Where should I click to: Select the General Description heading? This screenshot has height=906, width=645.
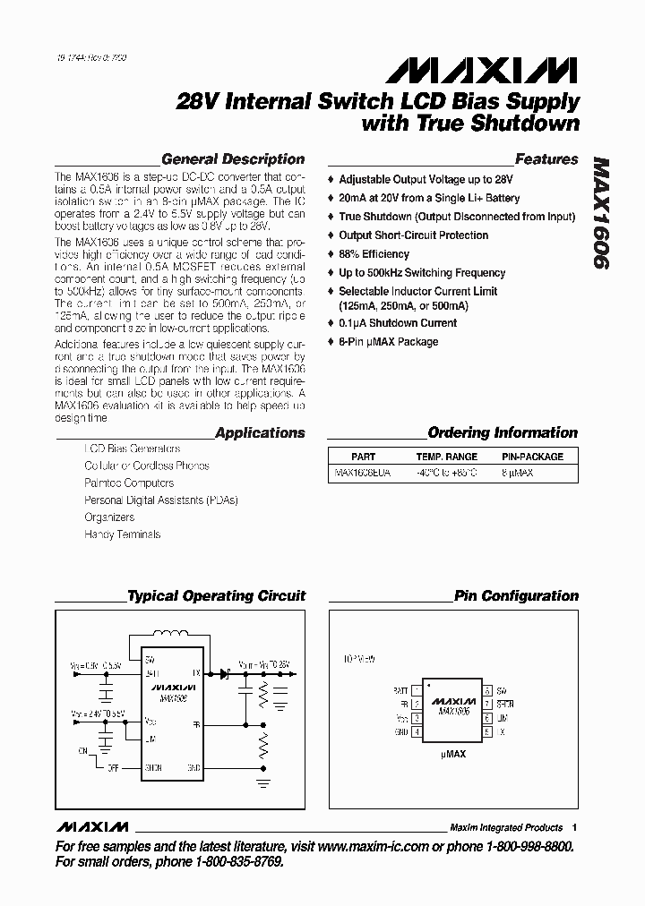pos(232,159)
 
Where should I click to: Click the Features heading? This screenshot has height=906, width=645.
pos(546,159)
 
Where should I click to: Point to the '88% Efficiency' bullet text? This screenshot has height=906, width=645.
pos(374,254)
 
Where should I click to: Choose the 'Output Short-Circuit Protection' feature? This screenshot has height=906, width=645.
pos(413,235)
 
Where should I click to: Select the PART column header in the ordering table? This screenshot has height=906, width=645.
pos(363,456)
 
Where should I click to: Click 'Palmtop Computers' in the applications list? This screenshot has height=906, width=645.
pos(129,483)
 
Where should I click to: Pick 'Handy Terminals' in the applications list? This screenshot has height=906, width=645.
pos(123,534)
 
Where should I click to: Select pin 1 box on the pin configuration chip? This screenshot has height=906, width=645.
pos(417,690)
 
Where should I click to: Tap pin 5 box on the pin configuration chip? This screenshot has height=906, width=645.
pos(487,731)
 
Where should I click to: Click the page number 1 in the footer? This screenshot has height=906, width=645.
pos(574,827)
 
